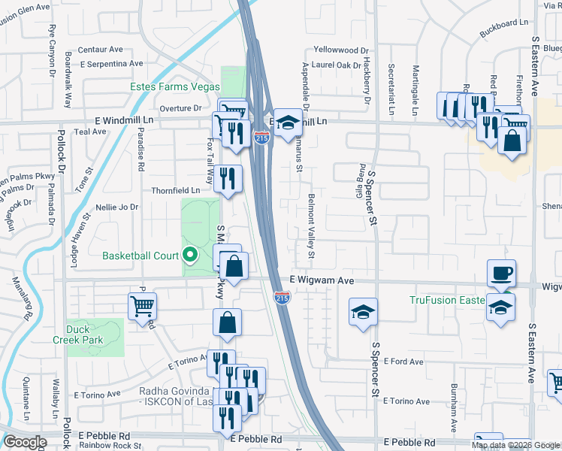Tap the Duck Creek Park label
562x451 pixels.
[x=89, y=334]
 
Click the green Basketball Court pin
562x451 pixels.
[x=190, y=255]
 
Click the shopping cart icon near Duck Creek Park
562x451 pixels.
[x=142, y=306]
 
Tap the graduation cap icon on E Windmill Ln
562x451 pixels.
[x=286, y=122]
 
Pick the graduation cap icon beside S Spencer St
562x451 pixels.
[x=363, y=311]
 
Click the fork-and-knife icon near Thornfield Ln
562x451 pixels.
[x=228, y=178]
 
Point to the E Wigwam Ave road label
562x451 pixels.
[x=322, y=280]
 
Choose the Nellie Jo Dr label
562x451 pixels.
[x=117, y=207]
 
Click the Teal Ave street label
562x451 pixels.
[x=90, y=132]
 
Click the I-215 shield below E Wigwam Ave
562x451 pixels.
[x=279, y=298]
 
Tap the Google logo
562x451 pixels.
[x=25, y=442]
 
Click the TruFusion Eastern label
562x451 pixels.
[x=446, y=301]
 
